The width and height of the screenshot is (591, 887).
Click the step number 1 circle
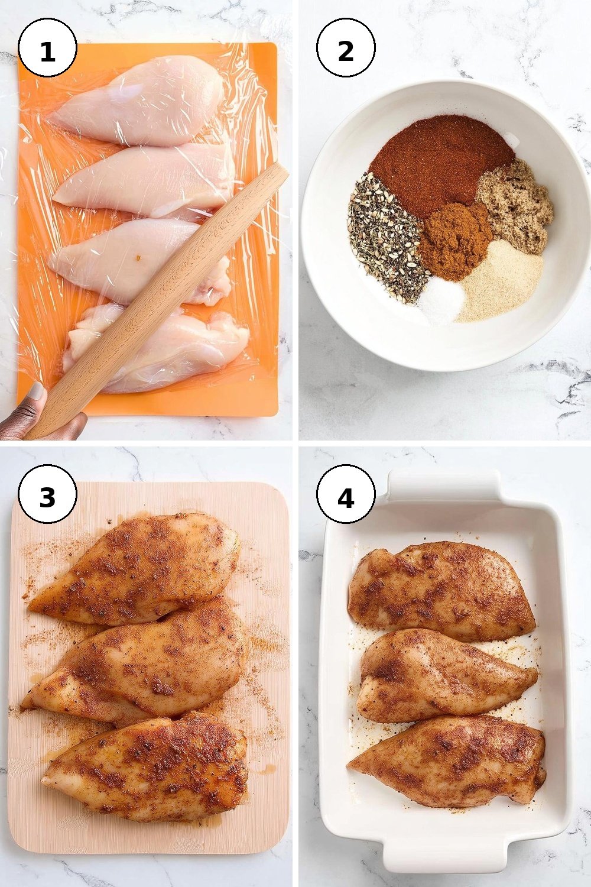click(x=47, y=47)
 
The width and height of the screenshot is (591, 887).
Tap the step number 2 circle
click(x=346, y=47)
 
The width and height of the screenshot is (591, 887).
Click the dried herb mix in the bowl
click(x=386, y=238)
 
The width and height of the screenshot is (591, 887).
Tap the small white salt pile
click(x=440, y=299)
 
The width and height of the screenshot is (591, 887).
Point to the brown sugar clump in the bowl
click(x=515, y=206)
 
